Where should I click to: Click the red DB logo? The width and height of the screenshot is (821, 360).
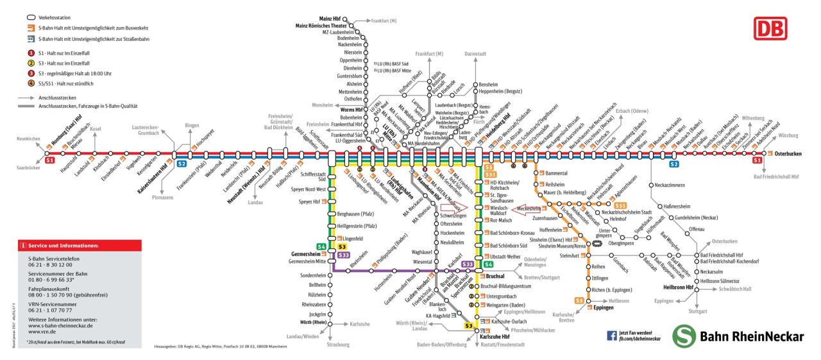coord(771,28)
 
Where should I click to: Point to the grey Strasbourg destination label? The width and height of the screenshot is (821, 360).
coord(337,345)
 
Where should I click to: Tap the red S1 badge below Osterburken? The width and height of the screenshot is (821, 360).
coord(758,160)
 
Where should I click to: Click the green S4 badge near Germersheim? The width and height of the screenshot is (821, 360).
coord(322,246)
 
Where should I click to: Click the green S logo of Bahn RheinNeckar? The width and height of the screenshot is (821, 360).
coord(684,336)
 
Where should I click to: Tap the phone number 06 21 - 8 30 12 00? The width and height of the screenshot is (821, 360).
coord(46,264)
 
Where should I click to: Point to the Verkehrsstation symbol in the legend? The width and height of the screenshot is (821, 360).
coord(31,16)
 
